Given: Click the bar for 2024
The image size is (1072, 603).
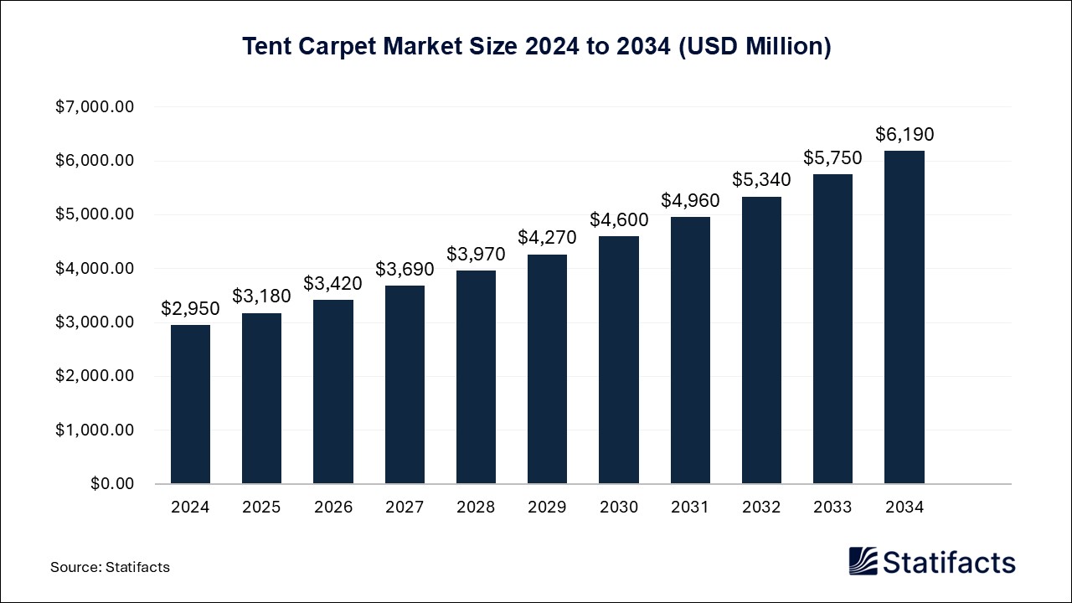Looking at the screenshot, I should pyautogui.click(x=190, y=404).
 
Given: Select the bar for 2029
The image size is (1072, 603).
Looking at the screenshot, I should pyautogui.click(x=547, y=368).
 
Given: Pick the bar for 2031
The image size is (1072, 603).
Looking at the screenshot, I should pyautogui.click(x=690, y=350).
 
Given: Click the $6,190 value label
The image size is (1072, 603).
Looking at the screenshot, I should pyautogui.click(x=904, y=134).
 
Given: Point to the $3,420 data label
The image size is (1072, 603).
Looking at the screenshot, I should pyautogui.click(x=332, y=283).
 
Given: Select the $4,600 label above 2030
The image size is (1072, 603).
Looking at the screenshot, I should pyautogui.click(x=618, y=219).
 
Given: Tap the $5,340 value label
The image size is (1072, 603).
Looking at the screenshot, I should pyautogui.click(x=761, y=180).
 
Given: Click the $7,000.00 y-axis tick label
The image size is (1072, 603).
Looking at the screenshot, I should pyautogui.click(x=95, y=107).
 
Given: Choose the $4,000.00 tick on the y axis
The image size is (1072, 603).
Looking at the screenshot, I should pyautogui.click(x=95, y=269).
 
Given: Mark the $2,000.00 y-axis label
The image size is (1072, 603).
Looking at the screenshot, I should pyautogui.click(x=95, y=376).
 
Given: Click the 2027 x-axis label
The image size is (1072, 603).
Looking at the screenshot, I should pyautogui.click(x=405, y=508).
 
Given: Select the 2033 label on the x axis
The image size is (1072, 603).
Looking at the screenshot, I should pyautogui.click(x=832, y=508).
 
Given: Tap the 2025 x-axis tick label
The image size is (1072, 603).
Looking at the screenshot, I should pyautogui.click(x=261, y=508).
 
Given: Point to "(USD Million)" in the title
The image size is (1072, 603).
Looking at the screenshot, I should pyautogui.click(x=754, y=47).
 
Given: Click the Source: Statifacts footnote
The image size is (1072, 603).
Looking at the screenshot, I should pyautogui.click(x=110, y=567).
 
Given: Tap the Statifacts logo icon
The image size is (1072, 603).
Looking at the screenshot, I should pyautogui.click(x=863, y=561).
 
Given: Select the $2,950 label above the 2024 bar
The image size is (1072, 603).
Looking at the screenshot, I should pyautogui.click(x=190, y=308).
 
